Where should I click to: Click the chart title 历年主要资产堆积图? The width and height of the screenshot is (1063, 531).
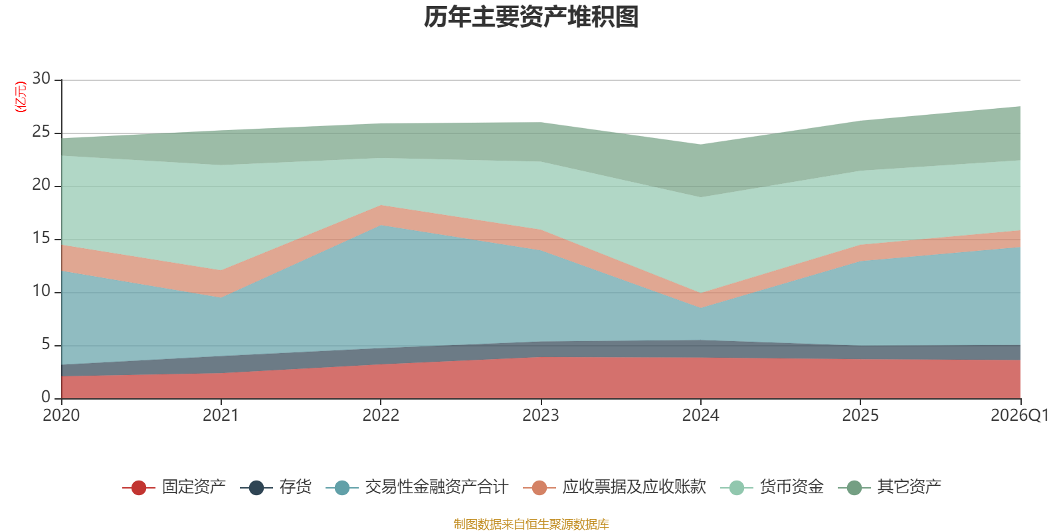pos(531,17)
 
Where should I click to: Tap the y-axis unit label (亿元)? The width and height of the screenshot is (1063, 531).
pos(21,97)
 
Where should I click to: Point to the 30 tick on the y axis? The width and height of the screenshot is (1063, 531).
pos(41,78)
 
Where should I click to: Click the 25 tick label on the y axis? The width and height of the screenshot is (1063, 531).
pos(41,131)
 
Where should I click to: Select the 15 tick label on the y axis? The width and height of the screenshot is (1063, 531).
pos(41,238)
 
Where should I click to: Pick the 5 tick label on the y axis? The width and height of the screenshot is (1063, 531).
pos(46,344)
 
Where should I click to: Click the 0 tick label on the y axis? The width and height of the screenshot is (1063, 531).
pos(46,397)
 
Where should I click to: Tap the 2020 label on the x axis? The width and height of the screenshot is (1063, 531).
pos(61,416)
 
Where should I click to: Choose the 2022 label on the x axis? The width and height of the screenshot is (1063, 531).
pos(381,416)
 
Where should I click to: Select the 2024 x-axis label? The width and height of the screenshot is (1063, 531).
pos(700,416)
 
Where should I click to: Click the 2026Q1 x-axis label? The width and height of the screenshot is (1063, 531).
pos(1020,416)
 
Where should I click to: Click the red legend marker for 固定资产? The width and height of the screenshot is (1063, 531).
pos(139,487)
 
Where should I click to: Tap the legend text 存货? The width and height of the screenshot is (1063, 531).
pos(295,487)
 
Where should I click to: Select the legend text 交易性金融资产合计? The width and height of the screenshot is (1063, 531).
pos(436,487)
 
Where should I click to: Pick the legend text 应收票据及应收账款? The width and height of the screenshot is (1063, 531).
pos(634,487)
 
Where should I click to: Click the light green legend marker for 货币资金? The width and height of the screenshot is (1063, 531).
pos(737,487)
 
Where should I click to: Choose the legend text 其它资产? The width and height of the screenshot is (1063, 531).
pos(909,487)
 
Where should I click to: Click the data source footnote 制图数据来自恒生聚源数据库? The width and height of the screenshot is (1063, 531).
pos(531,524)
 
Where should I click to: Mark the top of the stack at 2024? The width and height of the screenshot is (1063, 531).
pos(700,145)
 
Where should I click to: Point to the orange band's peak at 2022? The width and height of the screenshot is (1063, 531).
pos(381,205)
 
